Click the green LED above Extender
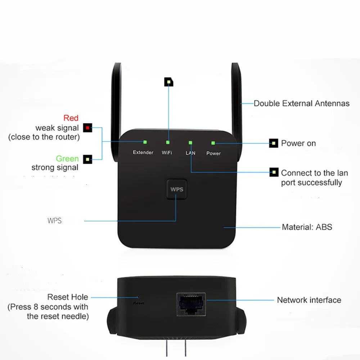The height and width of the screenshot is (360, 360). [145, 142]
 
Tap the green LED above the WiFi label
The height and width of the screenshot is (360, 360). [168, 142]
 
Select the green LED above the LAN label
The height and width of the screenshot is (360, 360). [190, 143]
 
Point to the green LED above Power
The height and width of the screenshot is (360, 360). [213, 143]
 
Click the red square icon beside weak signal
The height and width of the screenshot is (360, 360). [87, 128]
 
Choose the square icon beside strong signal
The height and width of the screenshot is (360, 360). [87, 159]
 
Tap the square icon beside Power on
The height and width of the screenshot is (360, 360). [274, 143]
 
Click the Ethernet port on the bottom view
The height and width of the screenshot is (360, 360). [191, 305]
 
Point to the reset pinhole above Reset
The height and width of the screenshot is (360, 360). [138, 297]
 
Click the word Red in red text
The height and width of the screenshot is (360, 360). [71, 118]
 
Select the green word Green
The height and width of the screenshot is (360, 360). [67, 159]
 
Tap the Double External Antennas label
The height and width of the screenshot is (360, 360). [301, 104]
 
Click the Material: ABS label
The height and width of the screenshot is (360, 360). [307, 227]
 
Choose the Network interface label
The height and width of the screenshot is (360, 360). [309, 300]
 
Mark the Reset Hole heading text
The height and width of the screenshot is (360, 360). [68, 297]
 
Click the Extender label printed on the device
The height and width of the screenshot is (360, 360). [143, 152]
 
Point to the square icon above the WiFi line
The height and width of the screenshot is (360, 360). [169, 82]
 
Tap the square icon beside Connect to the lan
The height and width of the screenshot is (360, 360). [274, 172]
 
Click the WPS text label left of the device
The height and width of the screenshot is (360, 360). [54, 221]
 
